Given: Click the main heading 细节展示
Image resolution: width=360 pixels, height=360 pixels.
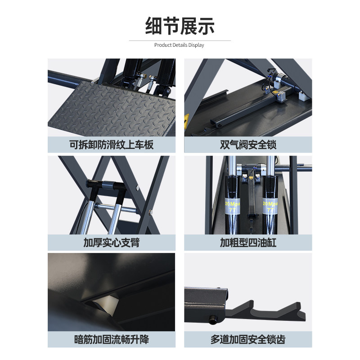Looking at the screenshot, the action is click(180, 26).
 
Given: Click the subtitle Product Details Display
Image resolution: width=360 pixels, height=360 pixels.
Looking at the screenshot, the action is click(179, 45).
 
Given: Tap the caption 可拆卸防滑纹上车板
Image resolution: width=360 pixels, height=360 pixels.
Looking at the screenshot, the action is click(111, 145).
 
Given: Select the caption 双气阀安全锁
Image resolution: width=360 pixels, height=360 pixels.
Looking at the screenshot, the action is click(248, 145).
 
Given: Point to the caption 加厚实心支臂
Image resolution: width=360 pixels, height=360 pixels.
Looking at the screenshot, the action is click(111, 243).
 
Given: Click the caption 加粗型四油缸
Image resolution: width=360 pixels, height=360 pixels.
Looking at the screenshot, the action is click(248, 243).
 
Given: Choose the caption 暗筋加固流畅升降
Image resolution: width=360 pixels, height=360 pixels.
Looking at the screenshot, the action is click(111, 340).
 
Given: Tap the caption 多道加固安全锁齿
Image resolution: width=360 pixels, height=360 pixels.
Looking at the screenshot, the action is click(248, 340).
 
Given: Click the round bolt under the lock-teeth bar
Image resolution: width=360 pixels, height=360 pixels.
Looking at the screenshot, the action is click(212, 320).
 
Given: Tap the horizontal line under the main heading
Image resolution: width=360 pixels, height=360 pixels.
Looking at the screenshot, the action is click(180, 40).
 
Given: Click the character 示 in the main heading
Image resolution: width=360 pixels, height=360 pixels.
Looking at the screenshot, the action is click(206, 26).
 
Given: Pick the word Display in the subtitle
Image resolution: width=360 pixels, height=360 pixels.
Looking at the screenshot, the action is click(196, 45).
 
